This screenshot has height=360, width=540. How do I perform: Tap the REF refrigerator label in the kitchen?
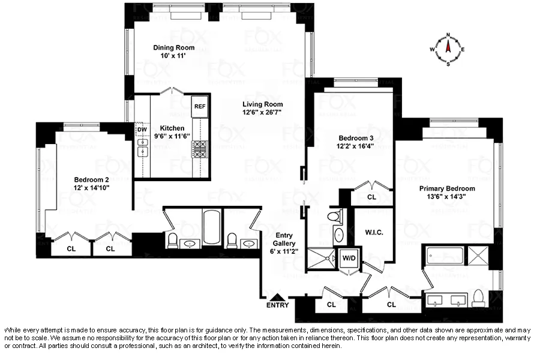point(200,107)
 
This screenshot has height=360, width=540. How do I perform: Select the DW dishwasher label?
point(142,130)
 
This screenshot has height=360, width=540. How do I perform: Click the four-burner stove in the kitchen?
point(200,148)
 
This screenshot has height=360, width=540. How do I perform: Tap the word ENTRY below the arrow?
point(277,305)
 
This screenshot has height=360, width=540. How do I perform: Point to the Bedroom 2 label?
point(91,179)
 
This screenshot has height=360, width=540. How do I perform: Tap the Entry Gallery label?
point(284,239)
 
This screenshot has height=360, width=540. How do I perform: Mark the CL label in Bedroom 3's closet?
point(371,196)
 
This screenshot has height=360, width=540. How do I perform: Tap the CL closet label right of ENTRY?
point(331,304)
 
